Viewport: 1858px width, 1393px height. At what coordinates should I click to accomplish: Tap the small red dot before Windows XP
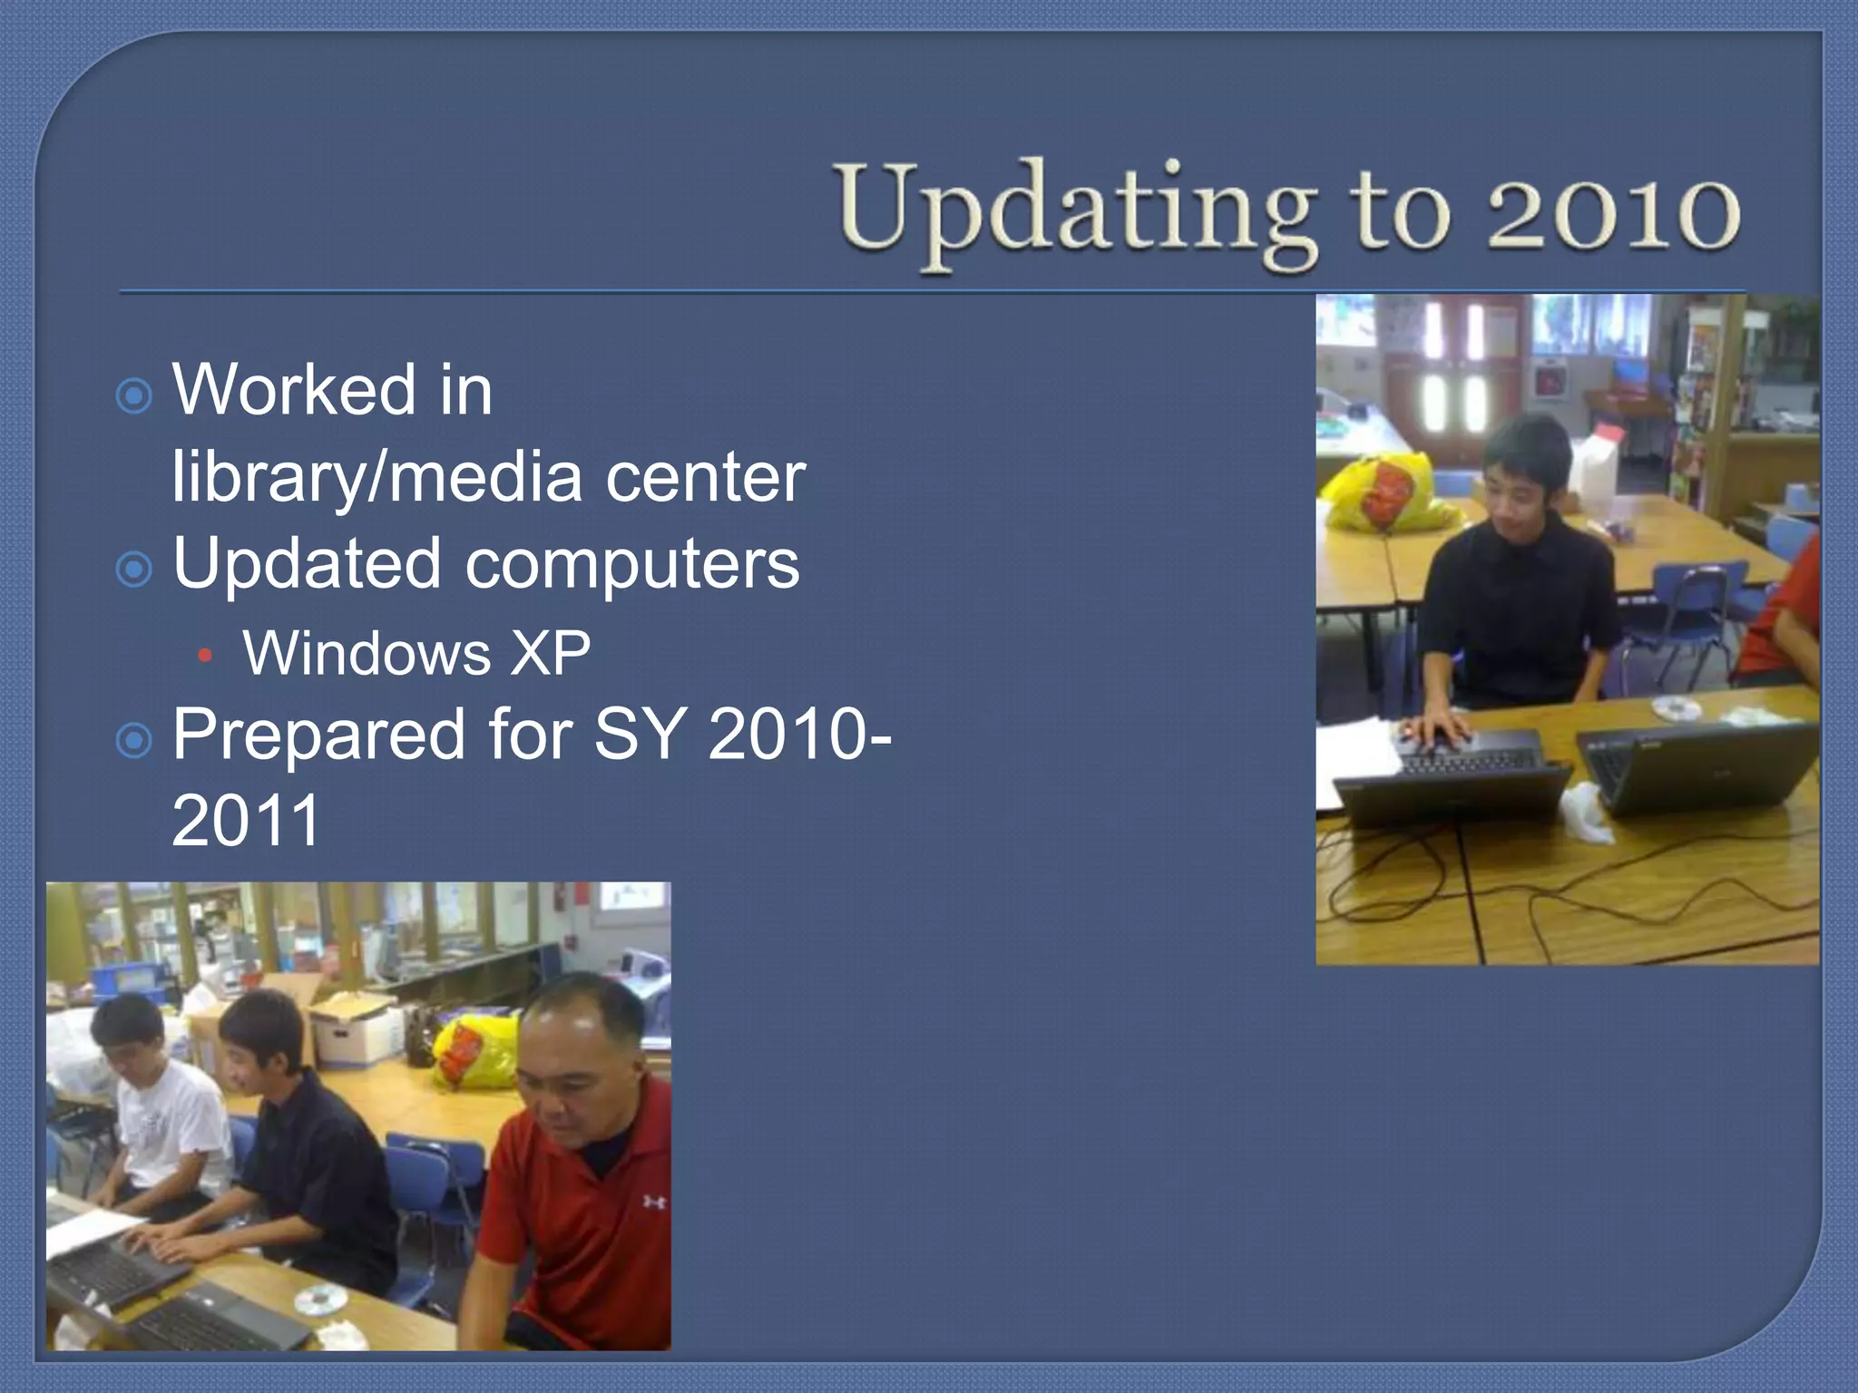tap(205, 655)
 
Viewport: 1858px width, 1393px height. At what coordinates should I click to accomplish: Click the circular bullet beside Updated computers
tap(134, 570)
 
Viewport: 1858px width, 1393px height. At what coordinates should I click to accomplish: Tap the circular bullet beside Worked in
tap(134, 396)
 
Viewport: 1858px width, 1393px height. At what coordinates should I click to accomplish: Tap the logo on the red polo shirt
tap(653, 1203)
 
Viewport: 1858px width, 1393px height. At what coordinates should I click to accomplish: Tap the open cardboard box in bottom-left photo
tap(354, 1025)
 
